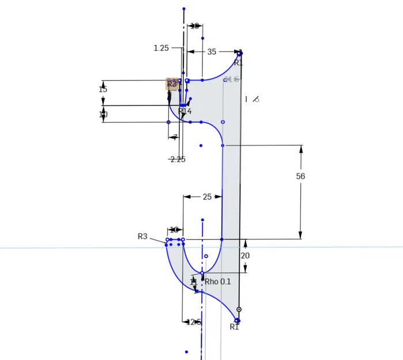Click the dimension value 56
300,177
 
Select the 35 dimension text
212,52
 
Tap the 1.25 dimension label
161,48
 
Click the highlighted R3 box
172,84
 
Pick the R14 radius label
184,111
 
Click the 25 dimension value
207,197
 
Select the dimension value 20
245,256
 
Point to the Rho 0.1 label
217,282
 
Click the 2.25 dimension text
178,160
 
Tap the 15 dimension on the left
103,89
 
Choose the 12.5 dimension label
193,322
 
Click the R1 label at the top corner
239,63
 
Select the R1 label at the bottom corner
234,327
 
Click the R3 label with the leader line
142,236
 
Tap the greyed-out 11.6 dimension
232,79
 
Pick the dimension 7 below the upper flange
175,137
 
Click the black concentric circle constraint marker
239,309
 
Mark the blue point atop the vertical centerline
184,9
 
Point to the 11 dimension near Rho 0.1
193,282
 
